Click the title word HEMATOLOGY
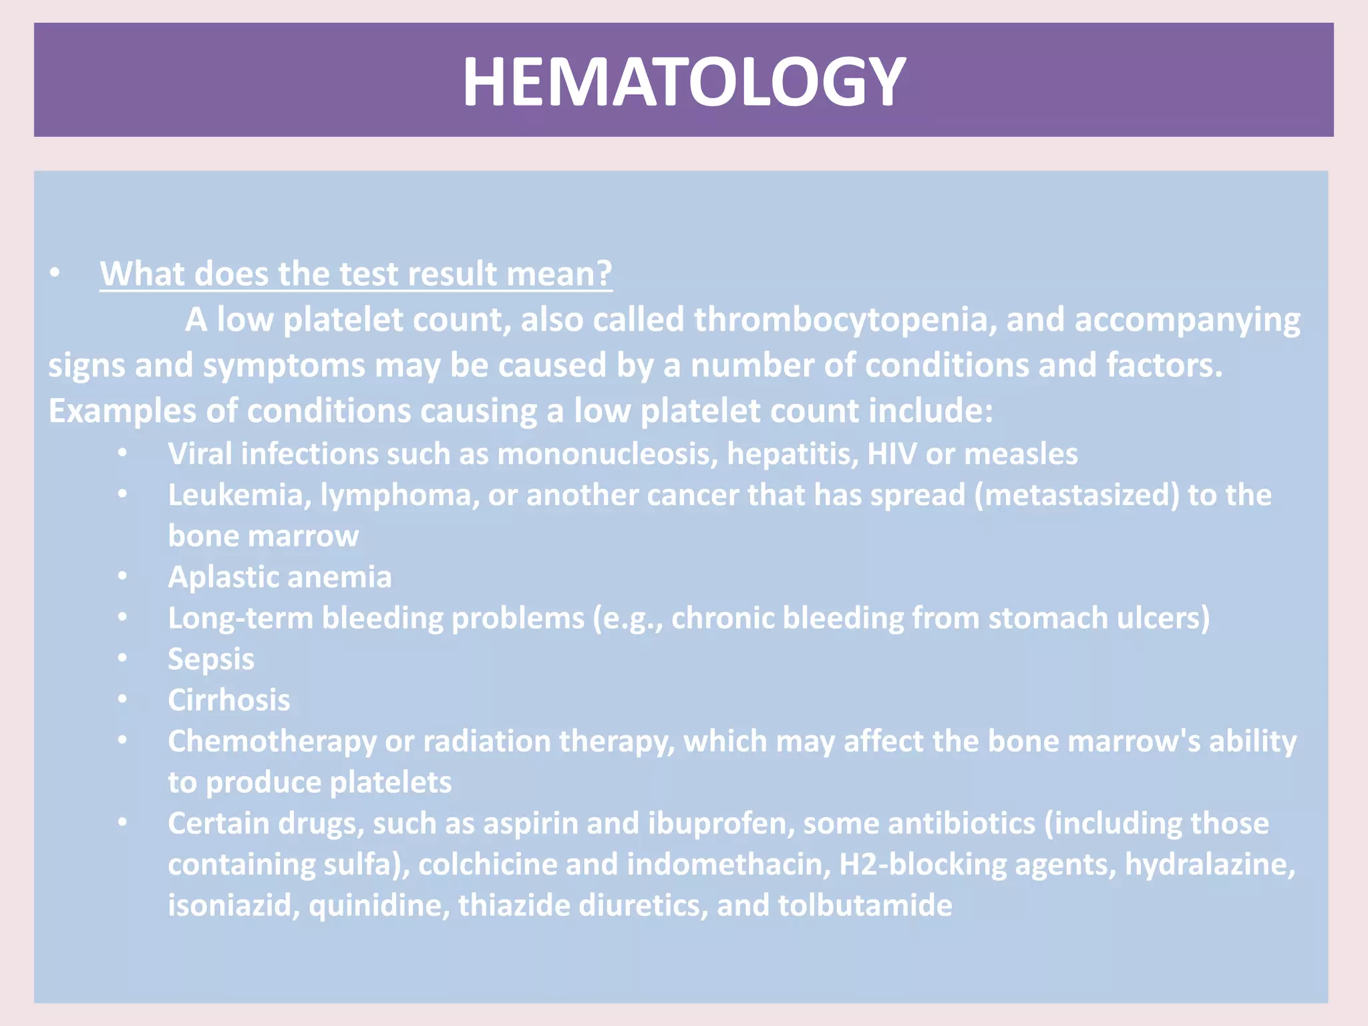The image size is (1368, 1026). coord(683,81)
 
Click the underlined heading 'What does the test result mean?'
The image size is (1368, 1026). coord(355,274)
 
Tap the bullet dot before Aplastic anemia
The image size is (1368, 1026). coord(122,576)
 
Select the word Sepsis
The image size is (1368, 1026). coord(211,659)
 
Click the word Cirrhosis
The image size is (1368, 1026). coord(229,701)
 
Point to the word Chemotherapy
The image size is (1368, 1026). coord(272,742)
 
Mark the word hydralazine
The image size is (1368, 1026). coord(1210,865)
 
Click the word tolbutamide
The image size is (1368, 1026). coord(865,906)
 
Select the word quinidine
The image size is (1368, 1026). coord(379,906)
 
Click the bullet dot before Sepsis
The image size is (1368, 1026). coord(122,658)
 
